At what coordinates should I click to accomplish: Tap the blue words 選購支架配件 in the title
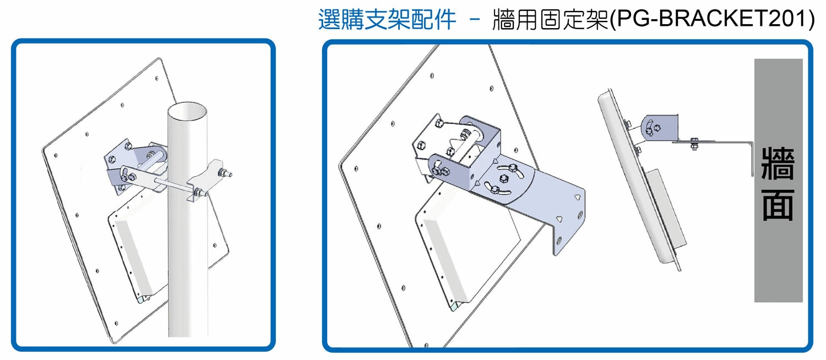point(387,20)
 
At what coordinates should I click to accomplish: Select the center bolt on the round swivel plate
point(503,178)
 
